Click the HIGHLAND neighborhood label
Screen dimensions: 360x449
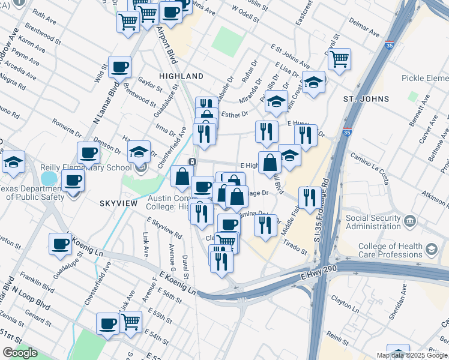coord(181,76)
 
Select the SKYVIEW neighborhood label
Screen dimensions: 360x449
coord(118,203)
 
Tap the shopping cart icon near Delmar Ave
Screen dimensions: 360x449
coord(339,59)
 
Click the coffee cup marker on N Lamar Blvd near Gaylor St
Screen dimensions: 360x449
coord(119,67)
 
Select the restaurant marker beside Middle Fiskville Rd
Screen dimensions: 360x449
coord(309,197)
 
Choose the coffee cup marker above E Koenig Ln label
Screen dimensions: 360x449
coord(61,244)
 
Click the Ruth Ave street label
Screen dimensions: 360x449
coord(43,14)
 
